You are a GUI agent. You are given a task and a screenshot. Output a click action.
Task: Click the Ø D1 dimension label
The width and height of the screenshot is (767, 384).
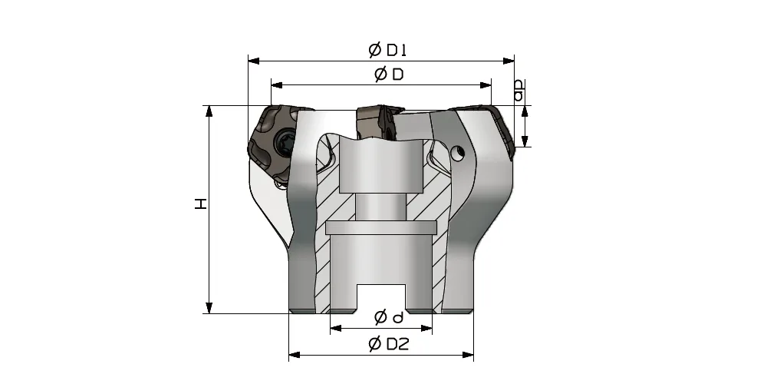click(387, 50)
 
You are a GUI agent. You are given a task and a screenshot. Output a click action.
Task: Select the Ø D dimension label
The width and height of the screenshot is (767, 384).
click(390, 74)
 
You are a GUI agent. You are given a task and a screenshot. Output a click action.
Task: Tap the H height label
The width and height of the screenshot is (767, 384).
click(201, 204)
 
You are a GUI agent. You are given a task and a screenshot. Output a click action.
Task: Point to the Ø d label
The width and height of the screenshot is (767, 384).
click(389, 317)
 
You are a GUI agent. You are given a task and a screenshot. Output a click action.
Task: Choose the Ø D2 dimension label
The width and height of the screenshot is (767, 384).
click(388, 344)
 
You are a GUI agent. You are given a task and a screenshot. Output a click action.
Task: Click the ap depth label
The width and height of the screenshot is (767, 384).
click(519, 91)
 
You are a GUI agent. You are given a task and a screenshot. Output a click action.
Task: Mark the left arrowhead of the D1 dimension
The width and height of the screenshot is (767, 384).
click(253, 61)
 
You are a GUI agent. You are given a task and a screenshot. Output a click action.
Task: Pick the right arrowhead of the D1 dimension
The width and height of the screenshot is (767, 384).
click(509, 61)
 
